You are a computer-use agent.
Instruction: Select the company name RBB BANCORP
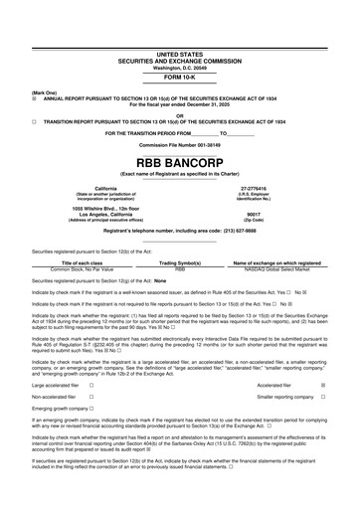coord(179,160)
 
